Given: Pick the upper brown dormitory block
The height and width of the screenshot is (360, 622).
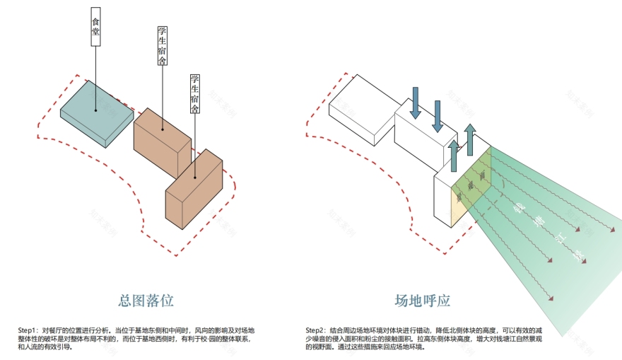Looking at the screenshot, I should pos(161,141).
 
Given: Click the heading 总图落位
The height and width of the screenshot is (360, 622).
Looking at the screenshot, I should pos(146,300).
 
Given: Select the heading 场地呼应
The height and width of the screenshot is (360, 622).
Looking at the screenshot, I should pos(422,300).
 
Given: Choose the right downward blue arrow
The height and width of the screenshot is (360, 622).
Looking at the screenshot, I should pos(438,115).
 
